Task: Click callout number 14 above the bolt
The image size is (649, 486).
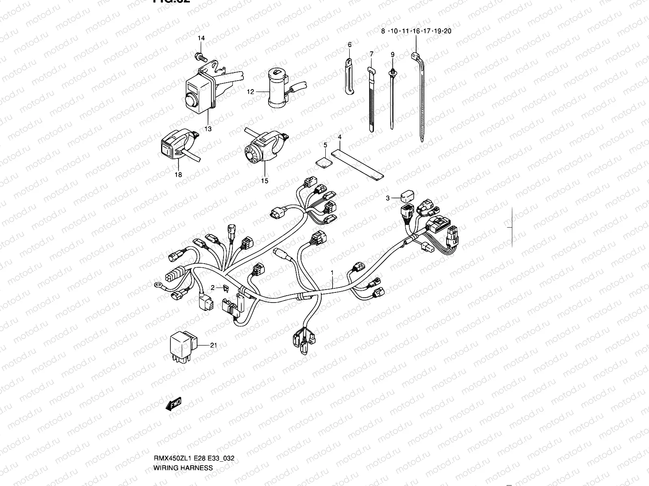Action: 201,38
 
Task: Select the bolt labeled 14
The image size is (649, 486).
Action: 200,55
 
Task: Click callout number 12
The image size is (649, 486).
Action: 250,92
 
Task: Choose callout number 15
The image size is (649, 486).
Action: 264,181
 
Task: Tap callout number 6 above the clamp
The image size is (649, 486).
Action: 349,45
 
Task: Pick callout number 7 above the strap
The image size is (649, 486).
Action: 371,54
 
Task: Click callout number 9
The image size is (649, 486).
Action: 392,54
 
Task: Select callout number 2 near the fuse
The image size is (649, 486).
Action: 212,288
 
